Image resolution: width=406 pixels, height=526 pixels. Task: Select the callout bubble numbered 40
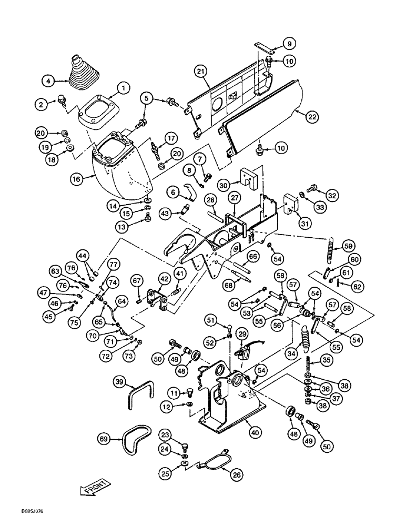pos(256,433)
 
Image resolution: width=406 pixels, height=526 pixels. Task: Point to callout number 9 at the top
pos(289,43)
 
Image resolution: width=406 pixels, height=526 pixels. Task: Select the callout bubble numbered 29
pos(242,335)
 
